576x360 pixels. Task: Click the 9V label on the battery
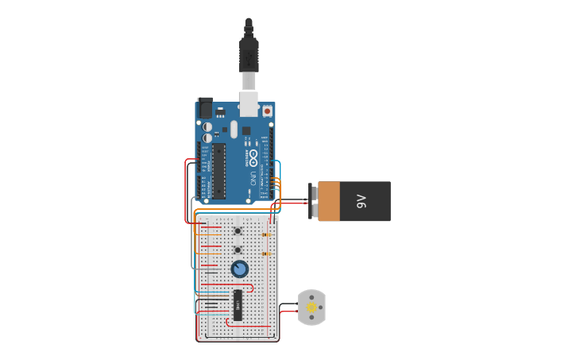point(361,201)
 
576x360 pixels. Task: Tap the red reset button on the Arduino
point(267,111)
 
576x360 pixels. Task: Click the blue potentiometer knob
point(239,269)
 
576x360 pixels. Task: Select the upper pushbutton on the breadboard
point(239,231)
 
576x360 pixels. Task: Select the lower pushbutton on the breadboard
point(239,250)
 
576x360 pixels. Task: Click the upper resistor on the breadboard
point(265,234)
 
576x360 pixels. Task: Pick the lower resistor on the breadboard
point(265,254)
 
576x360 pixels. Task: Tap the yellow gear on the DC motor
point(311,307)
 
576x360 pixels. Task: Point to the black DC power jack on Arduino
point(205,108)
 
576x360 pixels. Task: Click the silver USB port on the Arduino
point(249,103)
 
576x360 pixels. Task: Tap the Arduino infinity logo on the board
point(253,154)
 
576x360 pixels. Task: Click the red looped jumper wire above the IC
point(251,287)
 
